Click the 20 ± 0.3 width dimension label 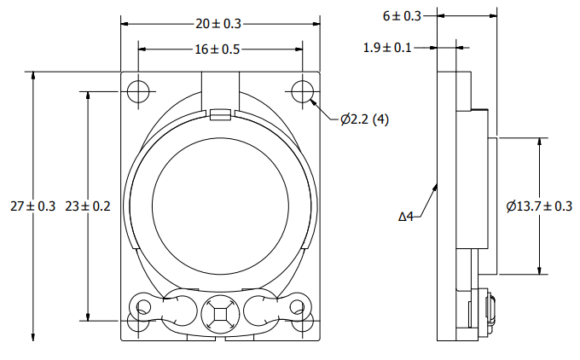coord(218,24)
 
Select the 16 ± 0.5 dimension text coord(217,49)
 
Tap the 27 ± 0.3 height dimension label coord(33,206)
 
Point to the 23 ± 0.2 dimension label coord(88,206)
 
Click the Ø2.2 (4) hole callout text coord(365,119)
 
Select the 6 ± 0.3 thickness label coord(402,16)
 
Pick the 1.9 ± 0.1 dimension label coord(387,48)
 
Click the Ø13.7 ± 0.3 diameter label coord(539,206)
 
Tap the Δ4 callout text coord(406,217)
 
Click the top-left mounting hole coord(138,91)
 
